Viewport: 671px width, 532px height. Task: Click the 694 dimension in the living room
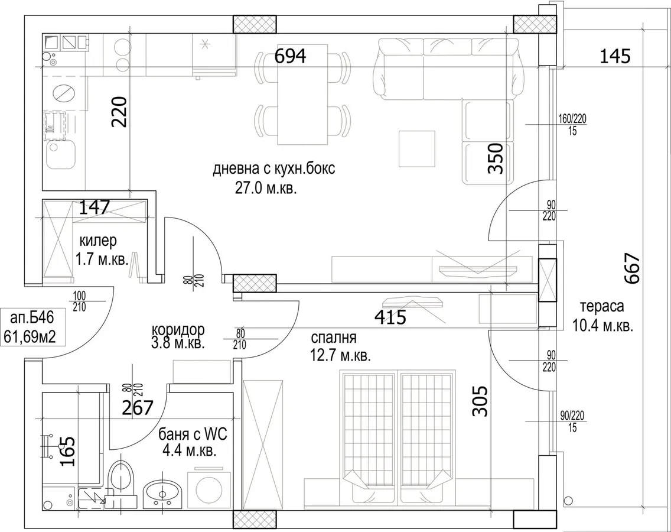pos(290,56)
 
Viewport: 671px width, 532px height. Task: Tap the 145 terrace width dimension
pos(614,56)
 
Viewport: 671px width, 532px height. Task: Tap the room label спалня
pos(334,338)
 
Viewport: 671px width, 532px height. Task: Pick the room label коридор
pos(178,330)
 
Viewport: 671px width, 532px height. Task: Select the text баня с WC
pos(193,435)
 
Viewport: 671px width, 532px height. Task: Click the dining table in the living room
pos(304,94)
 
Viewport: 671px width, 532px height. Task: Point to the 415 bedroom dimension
pos(390,317)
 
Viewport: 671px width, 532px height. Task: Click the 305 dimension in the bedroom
pos(480,401)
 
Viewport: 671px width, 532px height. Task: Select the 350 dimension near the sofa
pos(495,158)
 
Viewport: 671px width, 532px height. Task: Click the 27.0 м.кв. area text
pos(266,189)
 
